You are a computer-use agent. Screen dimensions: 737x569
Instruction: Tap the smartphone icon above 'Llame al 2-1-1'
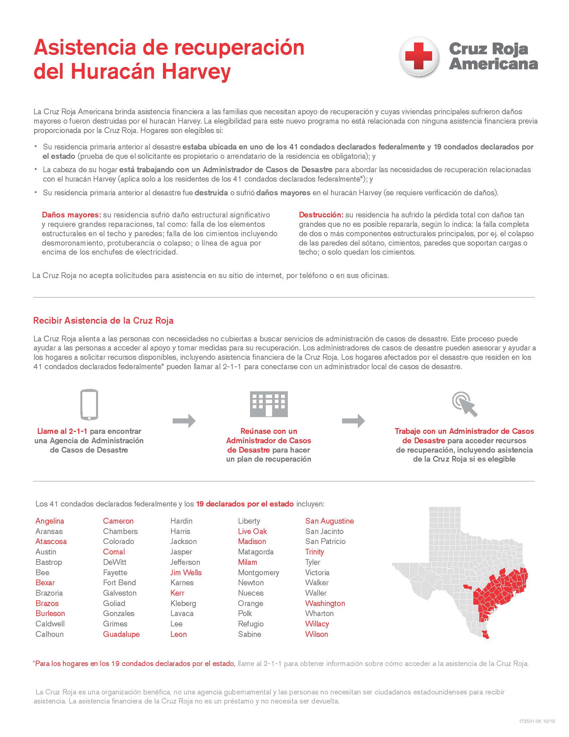(x=89, y=405)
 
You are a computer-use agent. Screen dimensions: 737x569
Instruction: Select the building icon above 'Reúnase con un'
(x=269, y=404)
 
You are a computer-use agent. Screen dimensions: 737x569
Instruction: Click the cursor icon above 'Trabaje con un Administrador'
(x=465, y=404)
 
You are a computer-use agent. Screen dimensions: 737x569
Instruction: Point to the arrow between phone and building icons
(x=184, y=421)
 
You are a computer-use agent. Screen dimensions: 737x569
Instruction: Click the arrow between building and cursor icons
(x=353, y=421)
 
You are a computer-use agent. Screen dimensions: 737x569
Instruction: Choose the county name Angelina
(x=50, y=521)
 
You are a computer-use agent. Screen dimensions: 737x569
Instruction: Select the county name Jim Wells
(x=186, y=572)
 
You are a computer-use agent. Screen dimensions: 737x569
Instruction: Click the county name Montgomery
(x=258, y=572)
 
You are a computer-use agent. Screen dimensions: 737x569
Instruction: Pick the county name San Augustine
(x=329, y=521)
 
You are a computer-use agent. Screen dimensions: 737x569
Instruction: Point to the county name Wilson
(x=316, y=634)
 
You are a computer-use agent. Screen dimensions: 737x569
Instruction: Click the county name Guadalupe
(x=121, y=634)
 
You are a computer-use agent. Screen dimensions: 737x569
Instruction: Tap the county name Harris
(x=180, y=531)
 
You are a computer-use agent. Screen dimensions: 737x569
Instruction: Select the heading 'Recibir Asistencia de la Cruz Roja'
(x=103, y=320)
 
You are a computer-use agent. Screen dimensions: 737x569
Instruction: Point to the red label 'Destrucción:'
(x=321, y=215)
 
